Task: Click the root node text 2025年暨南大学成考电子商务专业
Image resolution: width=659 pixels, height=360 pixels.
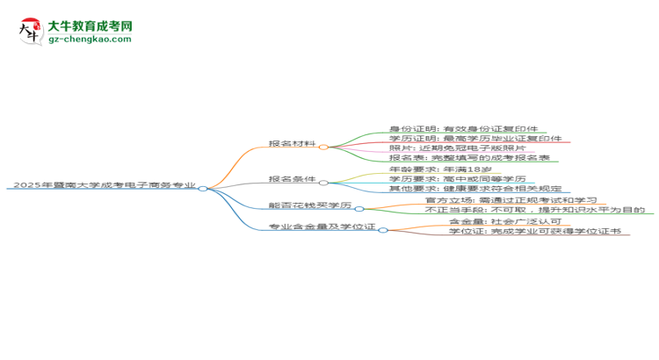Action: tap(105, 185)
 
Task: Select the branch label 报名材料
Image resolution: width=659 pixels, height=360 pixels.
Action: tap(292, 144)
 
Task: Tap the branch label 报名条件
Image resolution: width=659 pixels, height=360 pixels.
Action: tap(292, 179)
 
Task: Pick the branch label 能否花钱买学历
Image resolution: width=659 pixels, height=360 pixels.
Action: tap(310, 205)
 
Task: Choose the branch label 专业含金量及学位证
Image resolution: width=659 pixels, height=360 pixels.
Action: tap(322, 227)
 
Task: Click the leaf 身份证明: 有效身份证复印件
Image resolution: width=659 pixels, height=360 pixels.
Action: tap(464, 129)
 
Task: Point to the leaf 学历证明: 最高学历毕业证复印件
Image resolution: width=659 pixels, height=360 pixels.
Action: tap(475, 138)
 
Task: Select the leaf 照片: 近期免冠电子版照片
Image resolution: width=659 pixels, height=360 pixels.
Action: tap(457, 148)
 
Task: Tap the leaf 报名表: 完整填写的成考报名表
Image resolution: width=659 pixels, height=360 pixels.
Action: tap(469, 157)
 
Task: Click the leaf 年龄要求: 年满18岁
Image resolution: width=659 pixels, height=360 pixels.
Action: tap(440, 169)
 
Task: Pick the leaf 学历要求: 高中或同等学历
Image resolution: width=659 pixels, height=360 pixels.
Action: tap(457, 179)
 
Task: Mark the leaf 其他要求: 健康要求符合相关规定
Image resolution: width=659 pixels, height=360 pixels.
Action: tap(475, 189)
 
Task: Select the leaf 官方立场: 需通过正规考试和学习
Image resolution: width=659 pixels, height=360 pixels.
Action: tap(511, 200)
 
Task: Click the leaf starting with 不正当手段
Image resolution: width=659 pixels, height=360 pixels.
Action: tap(535, 210)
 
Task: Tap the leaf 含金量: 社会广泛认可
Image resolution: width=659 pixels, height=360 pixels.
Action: tap(505, 221)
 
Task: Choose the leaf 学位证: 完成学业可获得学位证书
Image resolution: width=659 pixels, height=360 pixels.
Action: tap(535, 231)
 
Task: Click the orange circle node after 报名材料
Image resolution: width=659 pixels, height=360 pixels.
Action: tap(323, 147)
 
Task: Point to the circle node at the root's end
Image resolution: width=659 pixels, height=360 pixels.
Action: tap(203, 189)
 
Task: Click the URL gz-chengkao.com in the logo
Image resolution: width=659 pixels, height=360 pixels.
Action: tap(90, 39)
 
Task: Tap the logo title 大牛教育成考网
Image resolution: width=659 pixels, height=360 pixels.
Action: tap(90, 26)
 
